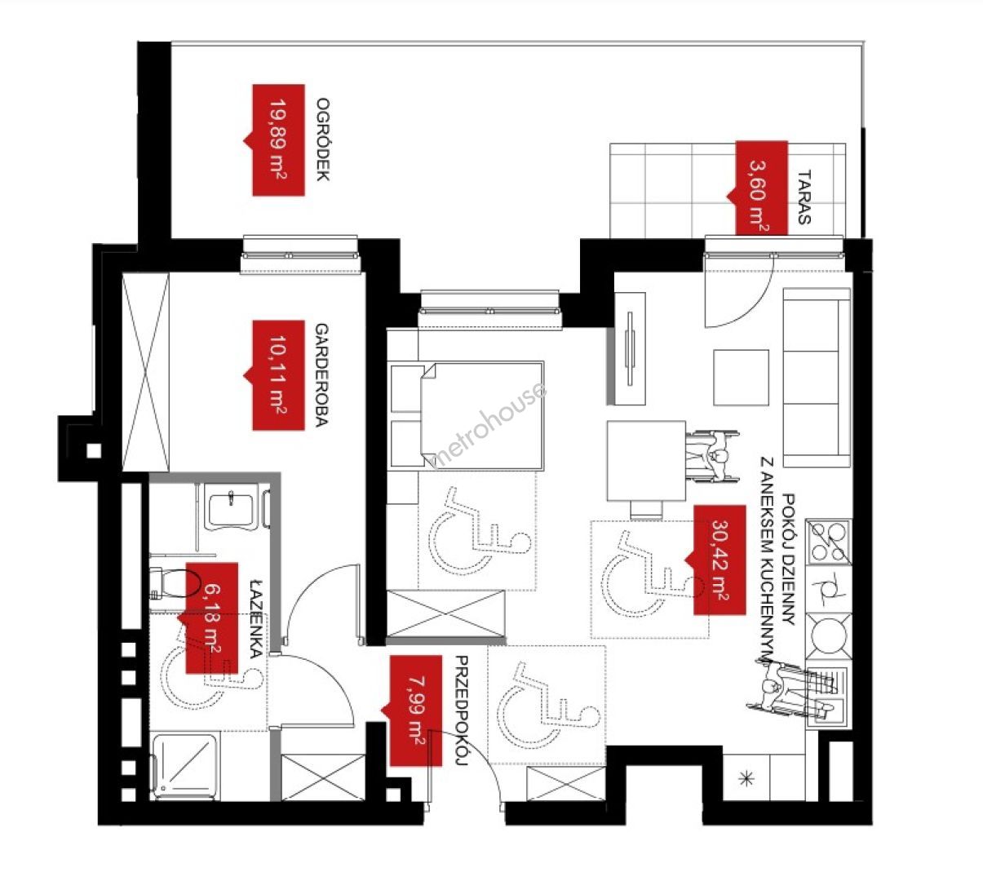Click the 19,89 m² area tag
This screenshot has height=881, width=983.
pyautogui.click(x=278, y=140)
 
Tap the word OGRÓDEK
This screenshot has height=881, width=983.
pyautogui.click(x=323, y=139)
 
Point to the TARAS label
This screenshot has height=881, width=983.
pyautogui.click(x=804, y=197)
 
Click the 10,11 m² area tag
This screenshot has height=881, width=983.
pyautogui.click(x=278, y=375)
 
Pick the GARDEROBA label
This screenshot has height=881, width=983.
pyautogui.click(x=321, y=375)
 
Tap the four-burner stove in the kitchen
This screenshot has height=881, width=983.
pyautogui.click(x=829, y=542)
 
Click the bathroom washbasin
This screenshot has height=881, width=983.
pyautogui.click(x=232, y=511)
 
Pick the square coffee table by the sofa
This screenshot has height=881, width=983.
pyautogui.click(x=741, y=378)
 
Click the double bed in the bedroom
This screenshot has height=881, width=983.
pyautogui.click(x=466, y=414)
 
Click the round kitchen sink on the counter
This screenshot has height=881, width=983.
pyautogui.click(x=829, y=636)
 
